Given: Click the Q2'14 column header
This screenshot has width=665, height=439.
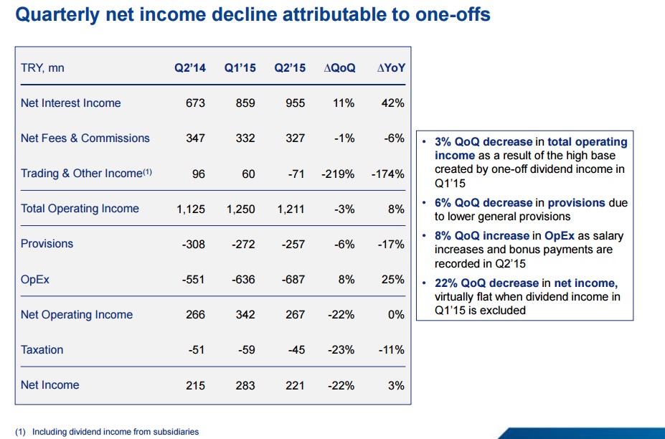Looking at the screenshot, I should pos(190,68).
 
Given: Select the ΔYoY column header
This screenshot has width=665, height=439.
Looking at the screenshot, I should pos(391,68).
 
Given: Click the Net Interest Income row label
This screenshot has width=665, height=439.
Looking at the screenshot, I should pos(71,103).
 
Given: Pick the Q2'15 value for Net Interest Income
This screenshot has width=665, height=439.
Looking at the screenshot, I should pos(295,103).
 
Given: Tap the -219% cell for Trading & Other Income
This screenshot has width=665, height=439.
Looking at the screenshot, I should pos(339,174).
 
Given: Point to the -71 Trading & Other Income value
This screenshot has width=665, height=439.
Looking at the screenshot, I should pos(296,174).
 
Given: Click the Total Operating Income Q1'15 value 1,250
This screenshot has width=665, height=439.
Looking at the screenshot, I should pos(241,209).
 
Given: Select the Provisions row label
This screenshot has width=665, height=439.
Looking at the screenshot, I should pos(47,244).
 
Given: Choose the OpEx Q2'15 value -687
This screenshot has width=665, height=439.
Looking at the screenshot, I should pos(293,279).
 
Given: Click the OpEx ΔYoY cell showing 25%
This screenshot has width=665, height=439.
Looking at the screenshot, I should pos(393,279).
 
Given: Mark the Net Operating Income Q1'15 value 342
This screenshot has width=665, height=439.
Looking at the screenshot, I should pos(245,314).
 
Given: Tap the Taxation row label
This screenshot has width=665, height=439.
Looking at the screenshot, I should pos(42,349).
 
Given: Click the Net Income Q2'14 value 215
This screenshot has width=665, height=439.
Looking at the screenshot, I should pos(195,385).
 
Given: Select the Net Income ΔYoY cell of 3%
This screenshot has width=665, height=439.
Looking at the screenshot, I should pos(396,385).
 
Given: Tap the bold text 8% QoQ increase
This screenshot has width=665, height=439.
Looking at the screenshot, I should pos(484,236).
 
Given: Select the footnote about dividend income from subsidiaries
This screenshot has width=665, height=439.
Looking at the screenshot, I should pos(107,431).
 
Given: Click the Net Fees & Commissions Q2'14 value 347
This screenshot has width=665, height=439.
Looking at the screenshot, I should pos(195,138).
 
